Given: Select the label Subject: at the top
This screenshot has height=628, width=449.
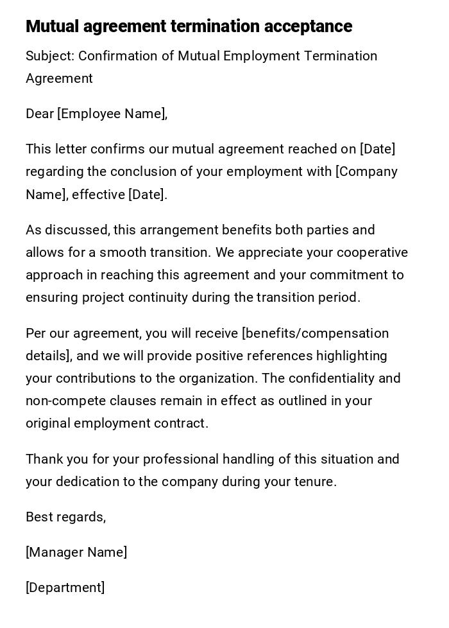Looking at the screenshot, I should (x=50, y=56).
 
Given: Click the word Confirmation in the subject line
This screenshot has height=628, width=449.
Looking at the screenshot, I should (x=118, y=56).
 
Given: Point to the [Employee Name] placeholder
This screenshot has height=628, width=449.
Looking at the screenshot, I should (x=112, y=114).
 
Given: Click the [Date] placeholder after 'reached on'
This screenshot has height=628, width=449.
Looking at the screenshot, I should (x=377, y=149).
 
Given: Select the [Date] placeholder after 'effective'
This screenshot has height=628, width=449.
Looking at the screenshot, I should (x=147, y=195).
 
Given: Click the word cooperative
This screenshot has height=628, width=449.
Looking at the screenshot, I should (x=372, y=252).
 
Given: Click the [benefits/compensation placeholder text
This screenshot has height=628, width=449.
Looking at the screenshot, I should (x=315, y=333).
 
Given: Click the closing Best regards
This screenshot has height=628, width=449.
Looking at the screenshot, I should (x=65, y=517).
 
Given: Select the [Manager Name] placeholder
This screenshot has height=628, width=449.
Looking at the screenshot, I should (x=76, y=552).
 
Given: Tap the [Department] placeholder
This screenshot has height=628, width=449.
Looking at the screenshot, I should (x=65, y=588).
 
